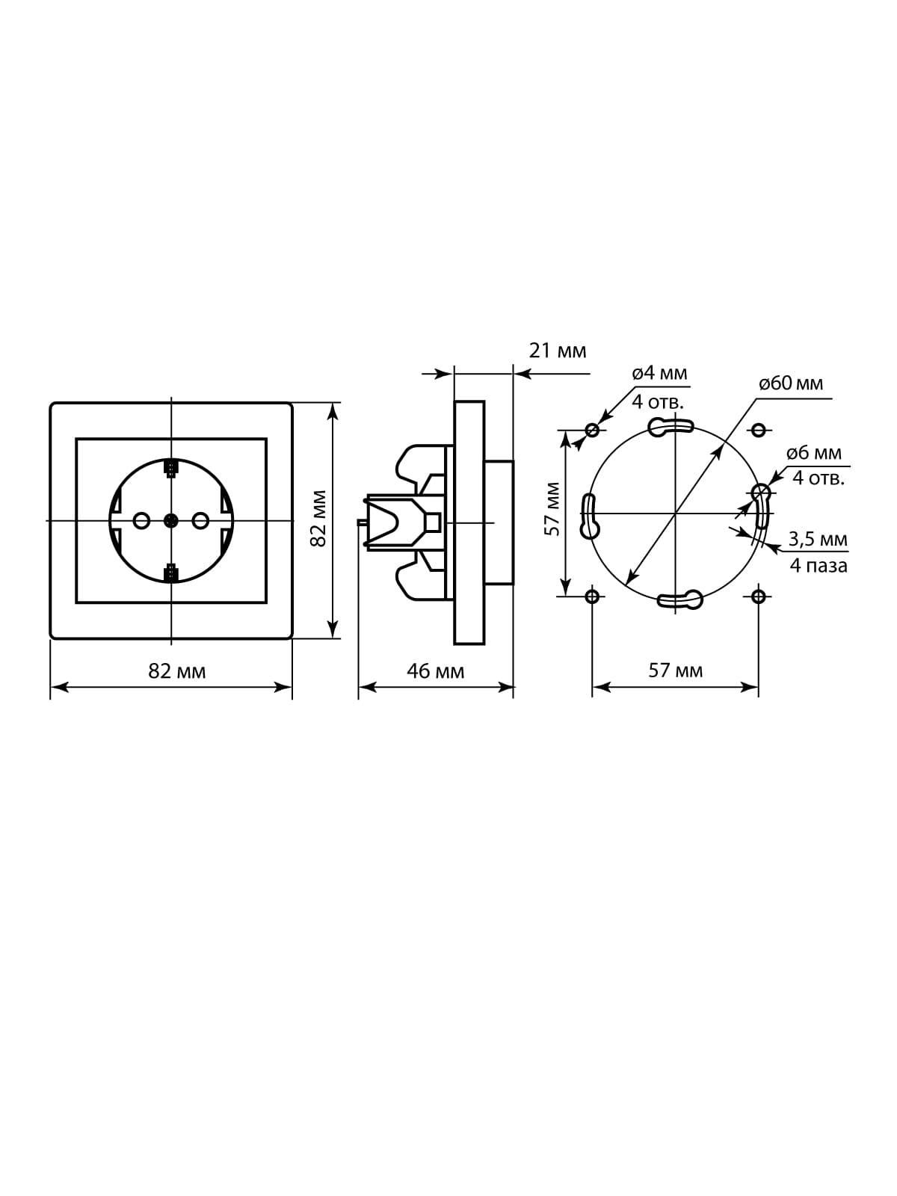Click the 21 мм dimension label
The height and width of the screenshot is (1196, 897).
(x=557, y=351)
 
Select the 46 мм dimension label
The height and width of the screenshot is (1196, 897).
(x=435, y=671)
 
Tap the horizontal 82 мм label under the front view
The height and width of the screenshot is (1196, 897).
(x=177, y=671)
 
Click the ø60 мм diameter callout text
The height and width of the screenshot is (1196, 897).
(x=791, y=383)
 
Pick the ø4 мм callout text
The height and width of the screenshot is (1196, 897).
(x=659, y=373)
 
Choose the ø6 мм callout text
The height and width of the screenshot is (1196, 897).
(x=814, y=453)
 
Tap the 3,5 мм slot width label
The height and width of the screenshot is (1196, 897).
(x=818, y=539)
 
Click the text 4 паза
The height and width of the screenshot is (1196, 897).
(x=819, y=566)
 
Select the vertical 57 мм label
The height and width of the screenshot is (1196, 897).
(x=552, y=509)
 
